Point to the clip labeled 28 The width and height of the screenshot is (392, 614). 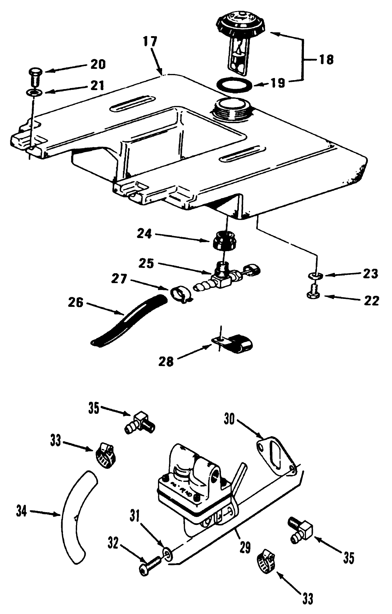point(234,344)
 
